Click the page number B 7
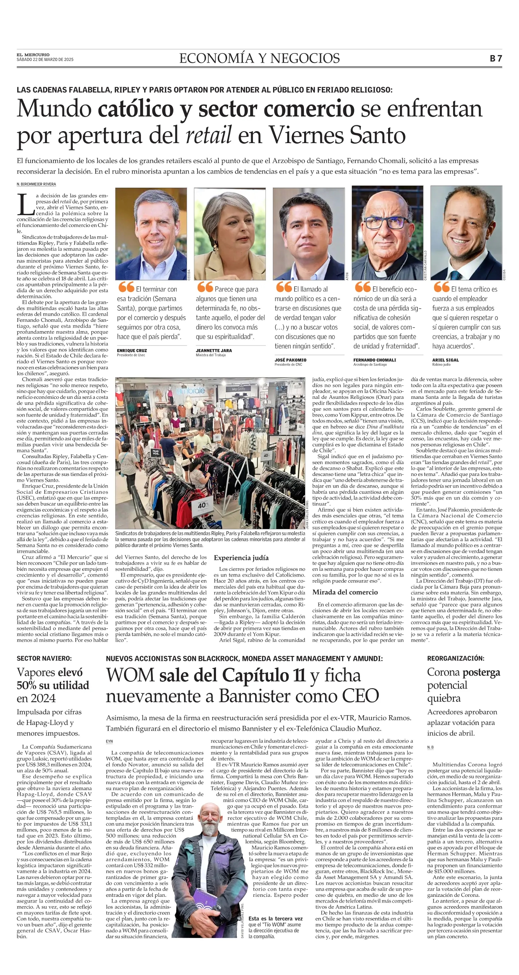[x=496, y=58]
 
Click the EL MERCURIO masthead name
[x=33, y=55]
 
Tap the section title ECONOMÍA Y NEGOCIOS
[x=259, y=58]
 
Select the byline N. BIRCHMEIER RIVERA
[x=36, y=184]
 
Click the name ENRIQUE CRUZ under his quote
[x=132, y=351]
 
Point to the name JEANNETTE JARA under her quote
[x=214, y=351]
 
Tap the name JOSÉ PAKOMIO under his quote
[x=290, y=360]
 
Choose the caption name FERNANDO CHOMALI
[x=375, y=360]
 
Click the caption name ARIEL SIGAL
[x=445, y=360]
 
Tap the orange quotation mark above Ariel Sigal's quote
[x=441, y=287]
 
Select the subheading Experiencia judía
[x=241, y=557]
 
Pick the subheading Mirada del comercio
[x=345, y=592]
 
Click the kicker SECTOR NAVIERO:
[x=44, y=659]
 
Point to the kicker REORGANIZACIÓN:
[x=456, y=658]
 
